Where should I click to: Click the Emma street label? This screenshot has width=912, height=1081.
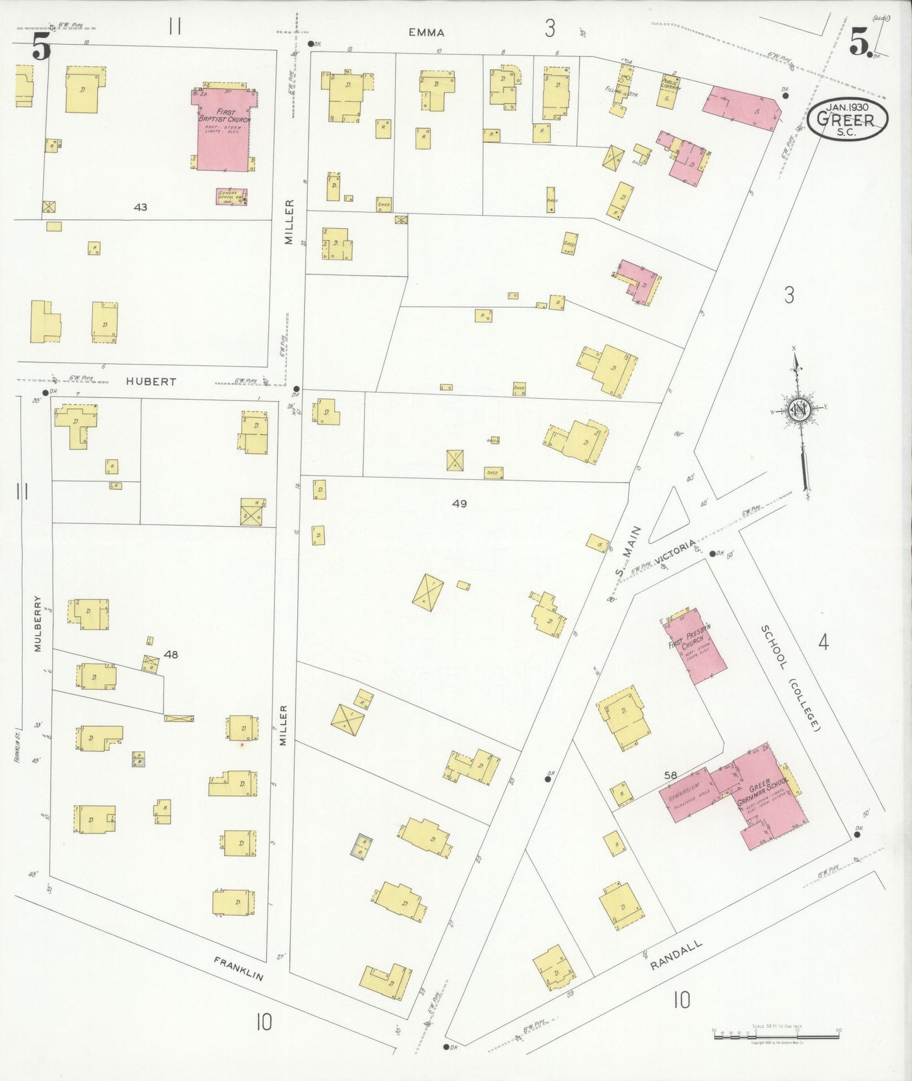coord(426,33)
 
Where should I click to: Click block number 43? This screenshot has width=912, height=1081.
coord(140,207)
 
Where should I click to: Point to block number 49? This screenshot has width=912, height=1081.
coord(459,503)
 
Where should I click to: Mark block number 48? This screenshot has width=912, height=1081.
coord(170,655)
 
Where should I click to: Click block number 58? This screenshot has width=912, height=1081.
coord(670,774)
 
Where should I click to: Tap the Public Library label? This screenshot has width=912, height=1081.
coord(670,84)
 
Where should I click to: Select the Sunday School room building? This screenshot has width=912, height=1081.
coord(231,196)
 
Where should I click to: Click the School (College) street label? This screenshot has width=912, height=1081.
coord(790,678)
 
